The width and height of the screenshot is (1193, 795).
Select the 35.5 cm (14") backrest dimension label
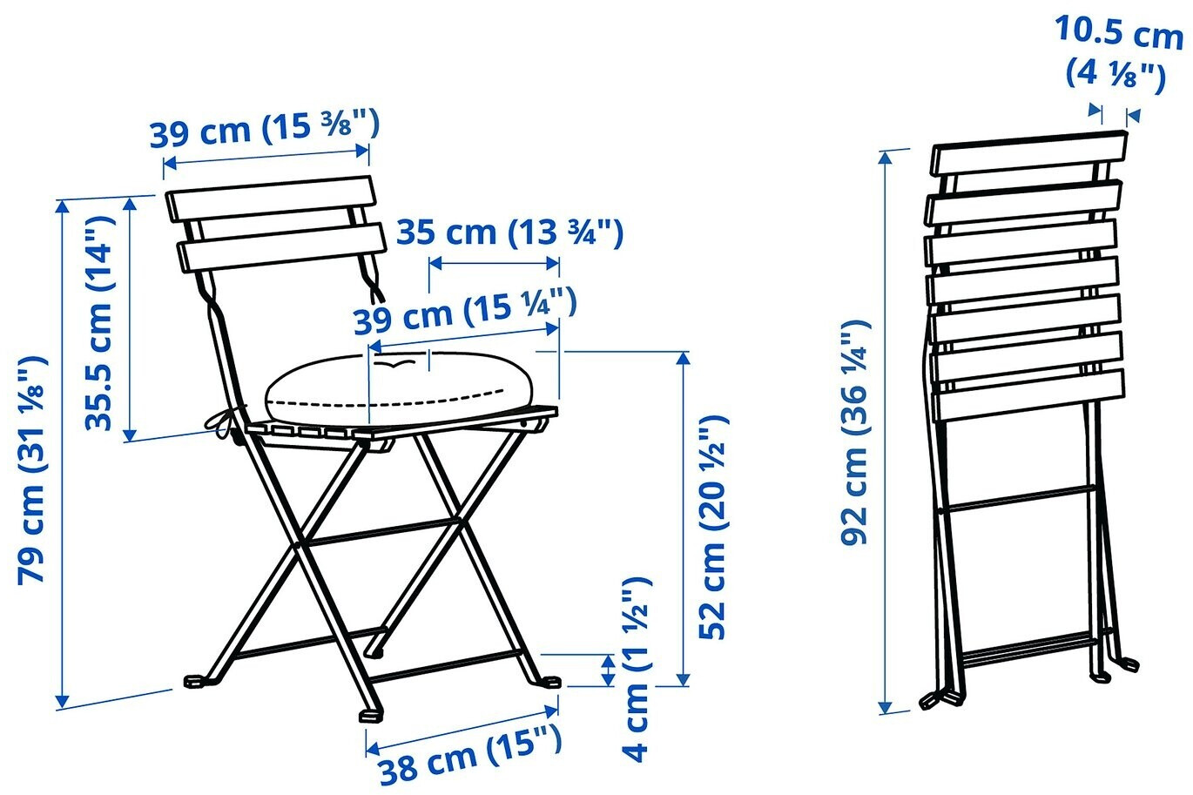point(99,323)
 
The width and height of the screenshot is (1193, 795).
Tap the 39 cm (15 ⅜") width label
point(265,128)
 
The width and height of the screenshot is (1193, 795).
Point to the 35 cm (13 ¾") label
point(509,233)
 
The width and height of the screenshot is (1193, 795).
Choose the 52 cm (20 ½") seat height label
point(712,528)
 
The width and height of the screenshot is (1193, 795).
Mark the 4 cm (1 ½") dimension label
point(637,669)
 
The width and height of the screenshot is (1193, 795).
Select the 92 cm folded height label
point(855,432)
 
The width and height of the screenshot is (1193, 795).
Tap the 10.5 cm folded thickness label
point(1118,52)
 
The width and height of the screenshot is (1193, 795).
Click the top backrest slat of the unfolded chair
point(270,198)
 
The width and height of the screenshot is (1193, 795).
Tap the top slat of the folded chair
point(1029,153)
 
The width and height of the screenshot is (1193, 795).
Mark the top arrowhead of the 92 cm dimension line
point(885,158)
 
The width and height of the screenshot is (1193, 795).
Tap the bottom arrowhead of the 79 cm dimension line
point(63,703)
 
